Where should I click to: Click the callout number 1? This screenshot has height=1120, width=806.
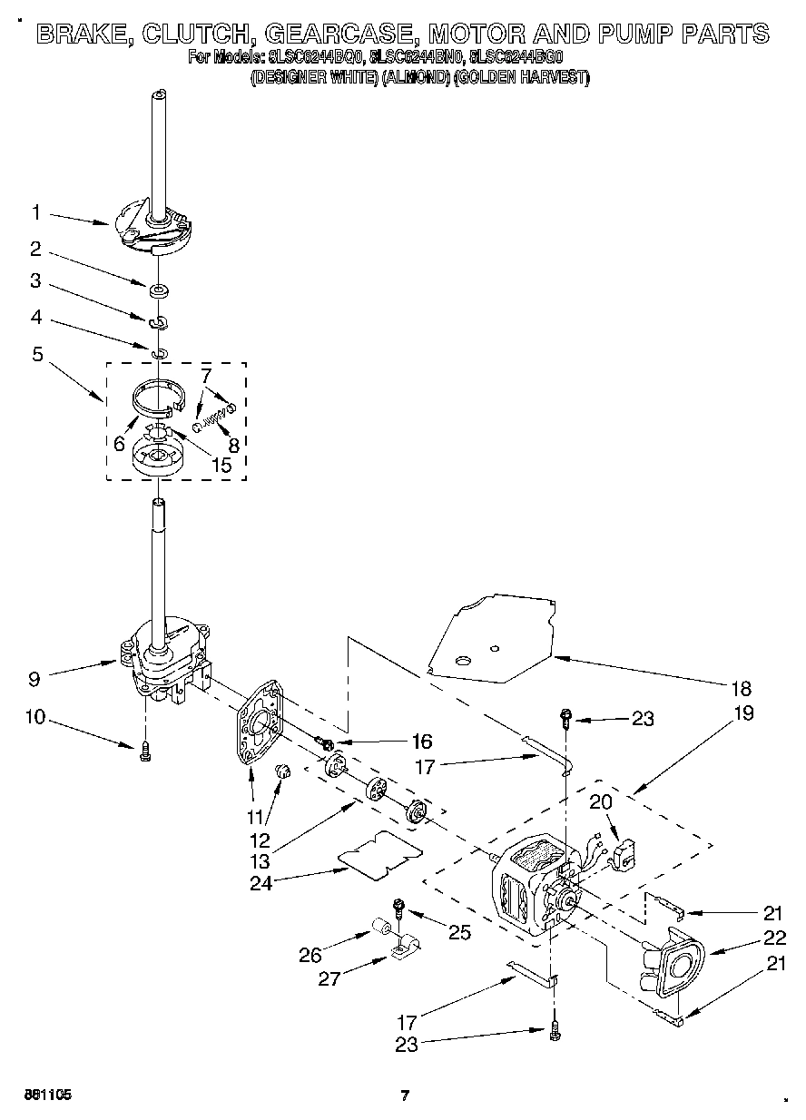tap(36, 213)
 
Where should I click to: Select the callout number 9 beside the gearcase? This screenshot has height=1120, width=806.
tap(34, 676)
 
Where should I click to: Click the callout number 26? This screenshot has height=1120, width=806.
tap(309, 954)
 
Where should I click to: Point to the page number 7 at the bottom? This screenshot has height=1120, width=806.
tap(406, 1095)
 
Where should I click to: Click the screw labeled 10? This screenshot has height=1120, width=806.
tap(145, 751)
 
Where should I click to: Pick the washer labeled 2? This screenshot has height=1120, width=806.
tap(158, 290)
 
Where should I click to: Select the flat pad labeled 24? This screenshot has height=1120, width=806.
tap(380, 854)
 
